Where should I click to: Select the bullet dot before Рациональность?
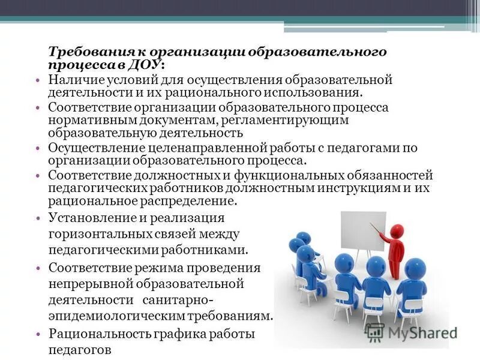38,334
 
